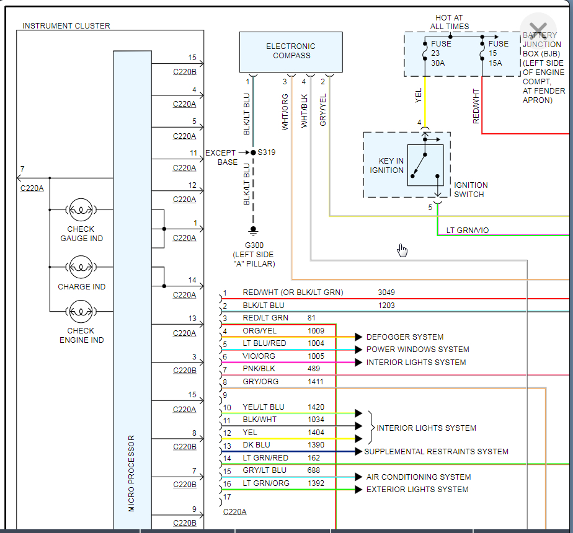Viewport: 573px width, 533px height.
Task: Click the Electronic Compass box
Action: point(291,51)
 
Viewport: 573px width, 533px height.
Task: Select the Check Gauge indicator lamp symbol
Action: point(81,211)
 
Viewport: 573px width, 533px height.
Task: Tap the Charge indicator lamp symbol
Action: point(81,268)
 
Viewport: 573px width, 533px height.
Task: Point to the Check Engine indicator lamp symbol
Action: point(81,311)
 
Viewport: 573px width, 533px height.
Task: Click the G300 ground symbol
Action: point(252,231)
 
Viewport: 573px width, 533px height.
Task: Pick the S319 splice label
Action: point(267,152)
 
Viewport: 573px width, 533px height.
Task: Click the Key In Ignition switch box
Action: point(407,165)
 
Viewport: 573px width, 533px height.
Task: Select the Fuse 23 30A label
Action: point(441,53)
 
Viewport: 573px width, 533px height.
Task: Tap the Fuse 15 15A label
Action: point(498,53)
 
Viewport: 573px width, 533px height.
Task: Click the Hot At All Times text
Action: point(450,22)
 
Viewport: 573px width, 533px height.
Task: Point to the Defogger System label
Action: point(405,337)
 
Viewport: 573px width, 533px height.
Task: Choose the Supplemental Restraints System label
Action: point(436,452)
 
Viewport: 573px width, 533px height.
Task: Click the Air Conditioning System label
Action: point(419,477)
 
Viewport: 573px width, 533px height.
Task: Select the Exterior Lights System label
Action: point(417,490)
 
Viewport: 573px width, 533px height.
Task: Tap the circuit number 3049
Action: point(386,293)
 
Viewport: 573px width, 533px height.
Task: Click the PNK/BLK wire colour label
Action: point(260,369)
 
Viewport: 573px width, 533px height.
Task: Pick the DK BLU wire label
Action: point(257,445)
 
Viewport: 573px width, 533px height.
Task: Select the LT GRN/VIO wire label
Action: point(468,231)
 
